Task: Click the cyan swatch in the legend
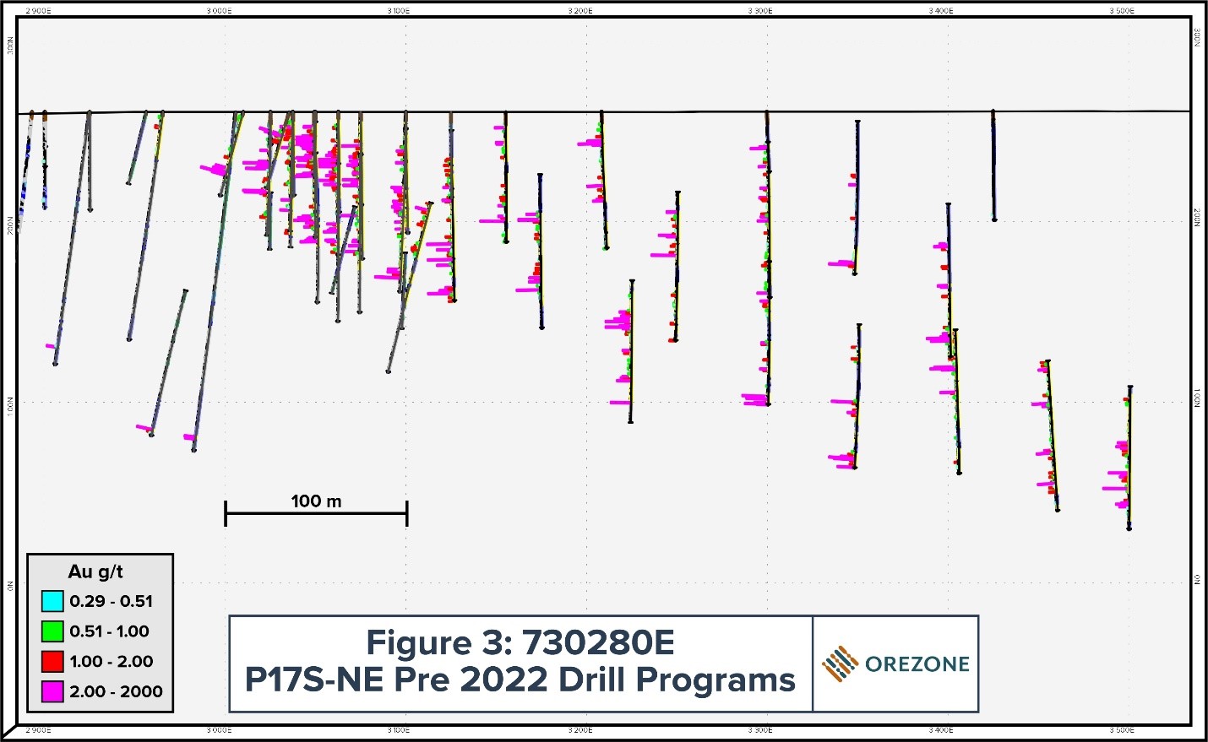pyautogui.click(x=52, y=601)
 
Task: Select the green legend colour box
pyautogui.click(x=52, y=631)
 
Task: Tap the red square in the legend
pyautogui.click(x=52, y=661)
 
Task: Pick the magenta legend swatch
pyautogui.click(x=52, y=691)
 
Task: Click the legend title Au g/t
pyautogui.click(x=95, y=571)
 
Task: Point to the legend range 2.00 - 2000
pyautogui.click(x=116, y=691)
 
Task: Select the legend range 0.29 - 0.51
pyautogui.click(x=111, y=601)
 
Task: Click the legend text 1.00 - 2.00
pyautogui.click(x=111, y=661)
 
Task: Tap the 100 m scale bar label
pyautogui.click(x=316, y=501)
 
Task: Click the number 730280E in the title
pyautogui.click(x=598, y=643)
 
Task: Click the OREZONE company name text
pyautogui.click(x=917, y=664)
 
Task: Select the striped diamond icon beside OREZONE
pyautogui.click(x=840, y=664)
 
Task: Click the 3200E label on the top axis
pyautogui.click(x=580, y=11)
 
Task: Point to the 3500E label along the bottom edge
pyautogui.click(x=1121, y=730)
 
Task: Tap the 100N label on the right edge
pyautogui.click(x=1197, y=398)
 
